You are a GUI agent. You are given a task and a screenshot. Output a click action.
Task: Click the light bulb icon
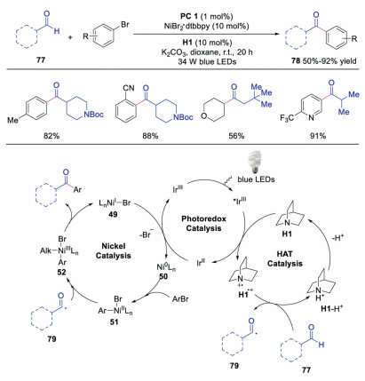pyautogui.click(x=254, y=162)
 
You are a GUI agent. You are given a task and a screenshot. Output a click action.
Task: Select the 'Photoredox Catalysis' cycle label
pyautogui.click(x=204, y=224)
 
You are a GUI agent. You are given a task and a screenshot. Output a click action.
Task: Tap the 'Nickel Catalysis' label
pyautogui.click(x=114, y=250)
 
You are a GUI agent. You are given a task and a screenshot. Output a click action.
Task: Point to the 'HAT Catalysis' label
pyautogui.click(x=285, y=258)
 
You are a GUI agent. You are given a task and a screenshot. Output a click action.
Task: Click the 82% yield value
pyautogui.click(x=52, y=136)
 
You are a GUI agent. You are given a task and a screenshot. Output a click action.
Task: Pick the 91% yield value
pyautogui.click(x=318, y=136)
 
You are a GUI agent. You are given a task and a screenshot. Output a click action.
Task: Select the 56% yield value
pyautogui.click(x=236, y=136)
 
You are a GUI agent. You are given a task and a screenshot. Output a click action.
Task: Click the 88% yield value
pyautogui.click(x=150, y=136)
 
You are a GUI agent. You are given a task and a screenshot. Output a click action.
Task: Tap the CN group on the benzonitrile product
pyautogui.click(x=128, y=88)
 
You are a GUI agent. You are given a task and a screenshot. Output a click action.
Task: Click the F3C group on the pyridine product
pyautogui.click(x=287, y=118)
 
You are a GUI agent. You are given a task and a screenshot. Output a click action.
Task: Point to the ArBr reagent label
pyautogui.click(x=180, y=299)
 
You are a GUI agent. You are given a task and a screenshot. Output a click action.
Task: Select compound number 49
pyautogui.click(x=113, y=214)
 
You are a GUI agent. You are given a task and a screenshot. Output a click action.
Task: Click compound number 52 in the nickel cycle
pyautogui.click(x=61, y=272)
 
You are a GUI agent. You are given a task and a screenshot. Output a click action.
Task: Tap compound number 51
pyautogui.click(x=114, y=321)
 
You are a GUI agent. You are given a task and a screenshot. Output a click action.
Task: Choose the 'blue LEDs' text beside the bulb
pyautogui.click(x=256, y=179)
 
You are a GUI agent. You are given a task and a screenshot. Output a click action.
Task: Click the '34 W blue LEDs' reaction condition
pyautogui.click(x=207, y=61)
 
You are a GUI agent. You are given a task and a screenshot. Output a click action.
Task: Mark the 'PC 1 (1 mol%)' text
pyautogui.click(x=207, y=16)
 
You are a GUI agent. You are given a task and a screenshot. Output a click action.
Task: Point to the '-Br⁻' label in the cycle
pyautogui.click(x=147, y=235)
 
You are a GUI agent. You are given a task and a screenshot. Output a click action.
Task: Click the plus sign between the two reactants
pyautogui.click(x=70, y=37)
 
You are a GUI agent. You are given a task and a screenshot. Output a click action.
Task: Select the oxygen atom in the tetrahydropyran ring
pyautogui.click(x=204, y=116)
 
